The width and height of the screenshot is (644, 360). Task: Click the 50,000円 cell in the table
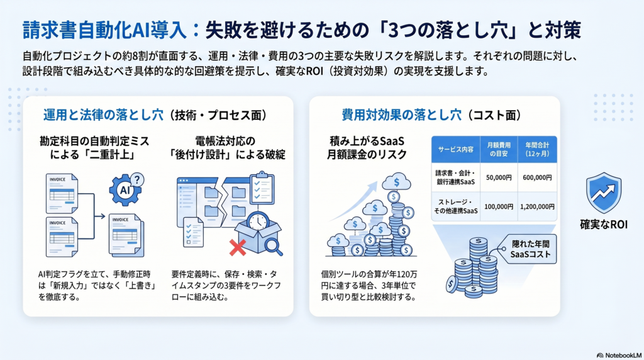(x=499, y=177)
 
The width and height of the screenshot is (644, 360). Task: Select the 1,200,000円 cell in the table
(x=537, y=206)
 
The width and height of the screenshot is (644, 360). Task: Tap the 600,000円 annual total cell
(x=537, y=177)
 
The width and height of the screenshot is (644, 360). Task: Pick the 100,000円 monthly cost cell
(x=499, y=206)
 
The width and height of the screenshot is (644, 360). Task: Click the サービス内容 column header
(x=455, y=149)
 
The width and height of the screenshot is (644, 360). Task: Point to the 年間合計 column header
(x=537, y=149)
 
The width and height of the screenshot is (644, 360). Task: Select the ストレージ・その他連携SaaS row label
(x=455, y=206)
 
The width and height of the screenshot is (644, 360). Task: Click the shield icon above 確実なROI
(x=603, y=193)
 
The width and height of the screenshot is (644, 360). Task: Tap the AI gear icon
(x=125, y=190)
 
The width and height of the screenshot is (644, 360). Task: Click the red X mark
(x=237, y=248)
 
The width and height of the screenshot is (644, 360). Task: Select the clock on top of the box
(x=258, y=222)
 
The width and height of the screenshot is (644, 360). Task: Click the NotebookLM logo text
(x=619, y=355)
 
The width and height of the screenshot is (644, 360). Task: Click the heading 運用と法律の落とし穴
(x=104, y=115)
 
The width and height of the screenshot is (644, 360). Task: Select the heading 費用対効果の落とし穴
(x=402, y=115)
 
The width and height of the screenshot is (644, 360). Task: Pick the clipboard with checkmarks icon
(x=262, y=188)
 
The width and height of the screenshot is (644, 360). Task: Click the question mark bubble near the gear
(x=136, y=179)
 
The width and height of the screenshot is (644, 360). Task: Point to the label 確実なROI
(x=603, y=225)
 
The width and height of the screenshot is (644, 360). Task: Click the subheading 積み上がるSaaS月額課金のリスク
(x=367, y=148)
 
